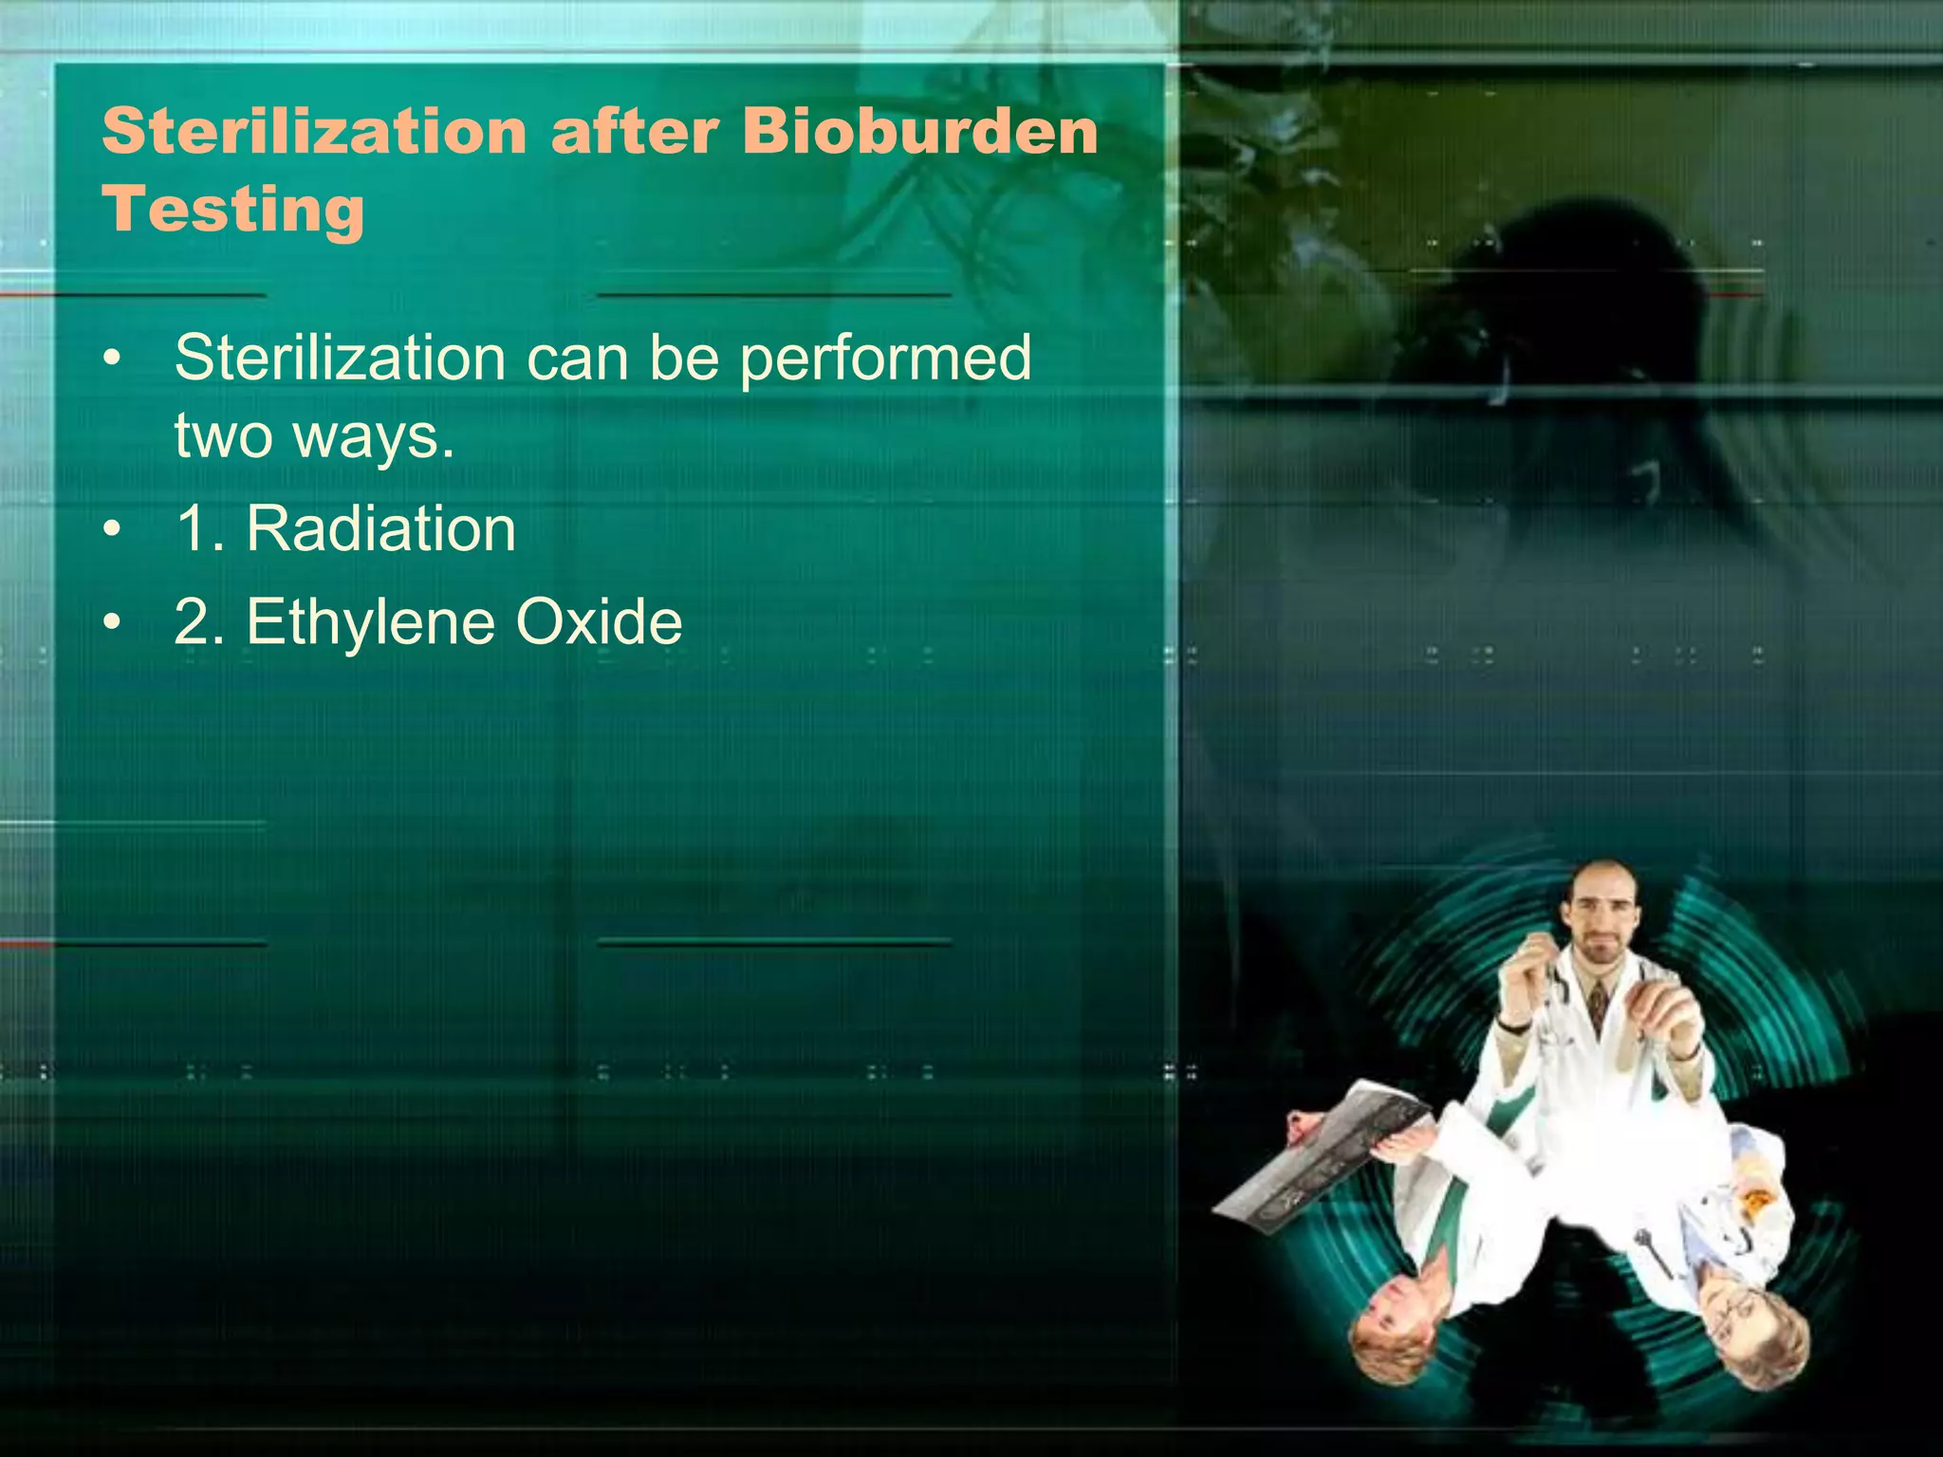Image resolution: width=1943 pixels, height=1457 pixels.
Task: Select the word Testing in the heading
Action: click(x=233, y=211)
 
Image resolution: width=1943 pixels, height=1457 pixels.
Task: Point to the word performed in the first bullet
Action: click(x=884, y=359)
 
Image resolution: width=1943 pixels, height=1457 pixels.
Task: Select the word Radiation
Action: click(x=380, y=528)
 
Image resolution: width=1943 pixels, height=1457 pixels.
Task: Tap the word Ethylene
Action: click(x=371, y=623)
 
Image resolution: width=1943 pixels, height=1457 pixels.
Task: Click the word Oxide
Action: click(x=599, y=623)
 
